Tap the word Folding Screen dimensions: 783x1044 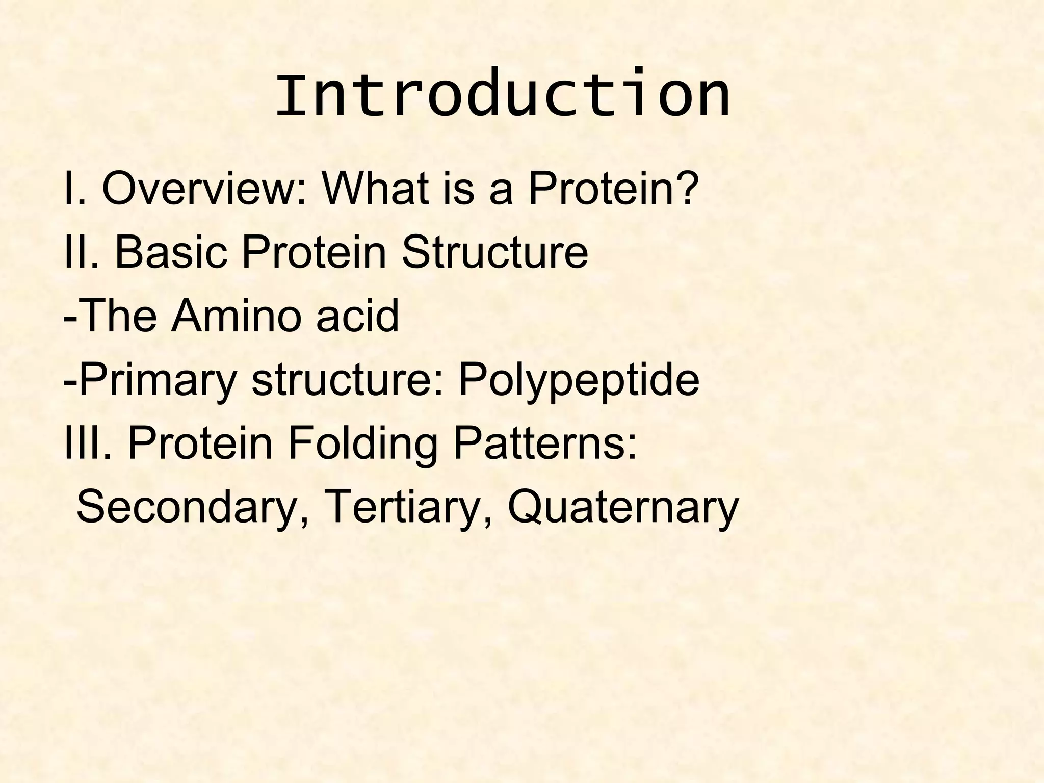click(362, 445)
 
